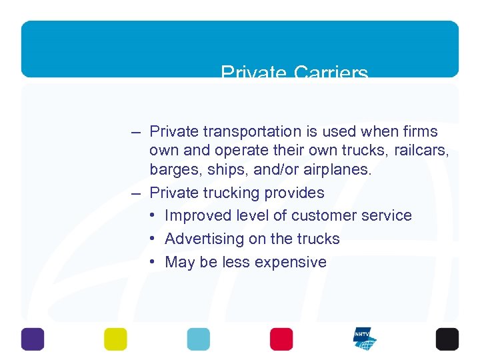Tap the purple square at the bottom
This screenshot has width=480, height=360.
pos(33,339)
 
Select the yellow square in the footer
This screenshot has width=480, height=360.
pos(115,339)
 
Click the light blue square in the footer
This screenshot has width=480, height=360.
pos(198,339)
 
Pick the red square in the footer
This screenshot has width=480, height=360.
pos(281,339)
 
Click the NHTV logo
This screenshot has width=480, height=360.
pos(364,339)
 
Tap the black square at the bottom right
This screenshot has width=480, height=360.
pos(447,339)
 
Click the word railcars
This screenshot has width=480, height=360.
pos(422,151)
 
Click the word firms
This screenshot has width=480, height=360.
pos(419,131)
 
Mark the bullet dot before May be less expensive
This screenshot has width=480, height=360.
pos(153,262)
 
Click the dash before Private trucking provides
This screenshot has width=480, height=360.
pos(137,193)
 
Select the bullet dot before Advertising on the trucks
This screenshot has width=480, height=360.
pos(153,239)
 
